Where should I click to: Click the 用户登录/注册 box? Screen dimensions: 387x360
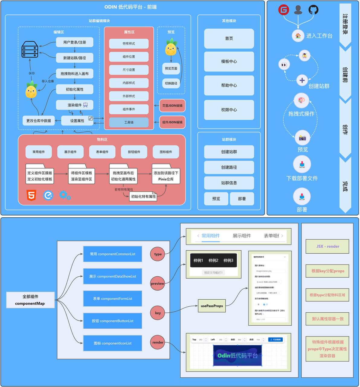[75, 42]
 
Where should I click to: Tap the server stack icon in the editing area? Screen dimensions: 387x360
[30, 50]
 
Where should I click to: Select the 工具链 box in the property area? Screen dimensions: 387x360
[129, 122]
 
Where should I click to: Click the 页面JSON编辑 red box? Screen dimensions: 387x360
[172, 106]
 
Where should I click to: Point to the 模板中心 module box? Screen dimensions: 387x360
[229, 61]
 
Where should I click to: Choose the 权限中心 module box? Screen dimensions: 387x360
[229, 110]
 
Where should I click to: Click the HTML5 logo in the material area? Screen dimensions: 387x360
[31, 195]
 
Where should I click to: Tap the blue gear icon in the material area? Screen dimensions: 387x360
[65, 195]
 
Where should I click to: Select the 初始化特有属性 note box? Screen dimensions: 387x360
[143, 197]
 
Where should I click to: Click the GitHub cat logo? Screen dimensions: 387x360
[313, 10]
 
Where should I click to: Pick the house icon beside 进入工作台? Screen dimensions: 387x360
[298, 36]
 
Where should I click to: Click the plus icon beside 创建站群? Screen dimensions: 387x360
[302, 80]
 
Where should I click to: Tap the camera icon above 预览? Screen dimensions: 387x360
[302, 138]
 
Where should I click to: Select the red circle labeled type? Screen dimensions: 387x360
[158, 254]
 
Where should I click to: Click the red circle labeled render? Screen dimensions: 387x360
[158, 342]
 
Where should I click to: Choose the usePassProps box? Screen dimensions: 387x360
[212, 306]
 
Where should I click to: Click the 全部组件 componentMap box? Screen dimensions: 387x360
[30, 300]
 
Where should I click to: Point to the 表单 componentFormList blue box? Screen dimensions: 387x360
[112, 299]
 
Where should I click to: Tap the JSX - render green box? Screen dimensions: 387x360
[327, 246]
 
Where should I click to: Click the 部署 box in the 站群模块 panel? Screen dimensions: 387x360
[242, 199]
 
